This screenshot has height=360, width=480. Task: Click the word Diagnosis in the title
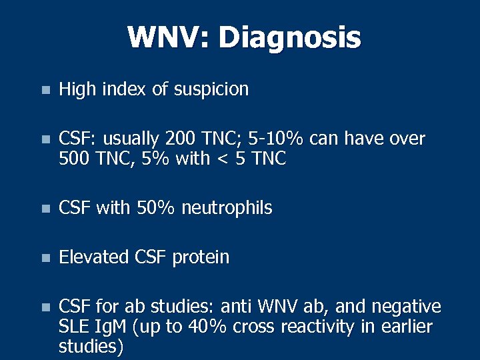click(289, 37)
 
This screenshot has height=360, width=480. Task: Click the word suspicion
click(211, 89)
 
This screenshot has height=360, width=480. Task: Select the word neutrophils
click(227, 209)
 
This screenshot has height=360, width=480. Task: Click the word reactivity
click(325, 327)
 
